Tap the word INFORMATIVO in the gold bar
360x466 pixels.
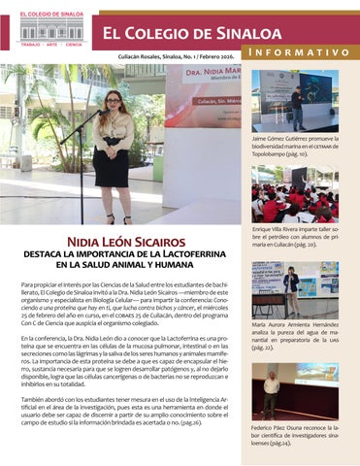(297, 51)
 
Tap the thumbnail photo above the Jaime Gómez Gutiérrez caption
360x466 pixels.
(294, 100)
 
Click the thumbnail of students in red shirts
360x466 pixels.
(294, 194)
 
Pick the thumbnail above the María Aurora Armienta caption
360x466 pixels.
(294, 289)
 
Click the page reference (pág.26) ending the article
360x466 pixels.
(187, 423)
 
